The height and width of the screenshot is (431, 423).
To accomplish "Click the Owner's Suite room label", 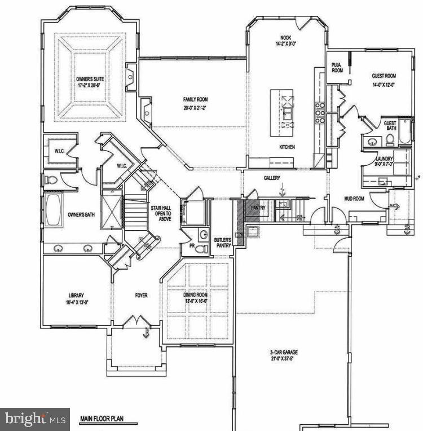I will click(x=90, y=82).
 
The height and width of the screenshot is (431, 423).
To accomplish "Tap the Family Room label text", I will click(x=195, y=104).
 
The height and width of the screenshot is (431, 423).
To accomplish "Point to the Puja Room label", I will click(x=337, y=68).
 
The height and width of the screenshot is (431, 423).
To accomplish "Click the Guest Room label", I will click(x=384, y=78).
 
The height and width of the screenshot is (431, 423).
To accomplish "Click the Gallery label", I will click(x=272, y=178).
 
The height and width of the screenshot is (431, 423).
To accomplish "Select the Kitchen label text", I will click(x=287, y=147).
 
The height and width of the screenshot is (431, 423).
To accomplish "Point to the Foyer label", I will click(x=141, y=295).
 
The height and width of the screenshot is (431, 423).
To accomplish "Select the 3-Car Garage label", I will click(x=283, y=355).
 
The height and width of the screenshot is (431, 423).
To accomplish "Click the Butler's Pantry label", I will click(x=222, y=243).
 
